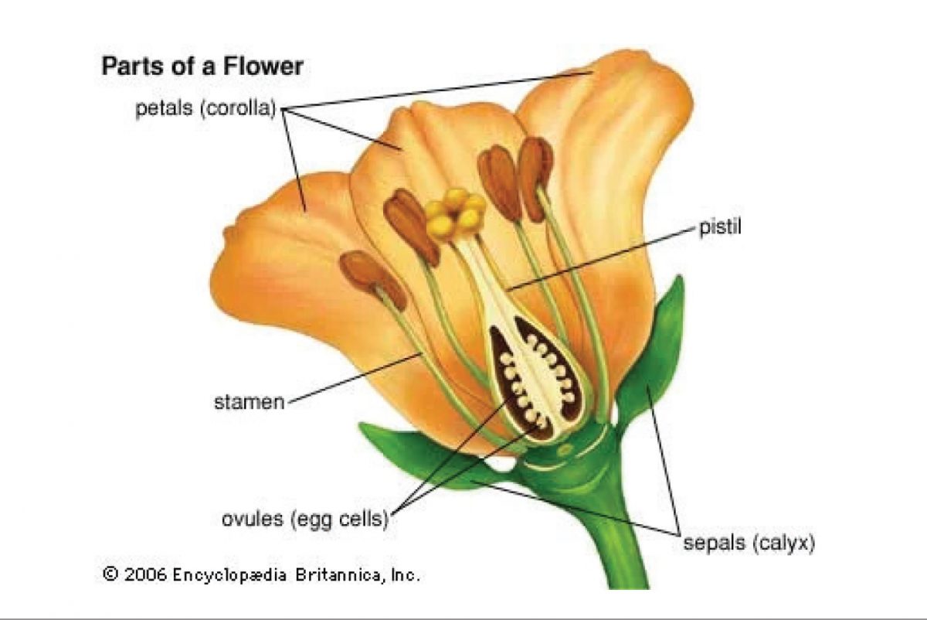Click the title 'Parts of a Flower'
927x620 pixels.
click(x=202, y=66)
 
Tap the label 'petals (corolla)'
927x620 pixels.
click(x=206, y=109)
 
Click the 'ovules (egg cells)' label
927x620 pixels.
click(x=304, y=520)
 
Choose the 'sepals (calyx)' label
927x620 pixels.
click(x=749, y=543)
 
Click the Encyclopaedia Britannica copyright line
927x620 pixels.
click(x=262, y=574)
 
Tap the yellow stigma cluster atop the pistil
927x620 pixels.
click(x=454, y=213)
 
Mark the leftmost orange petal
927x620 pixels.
click(x=278, y=255)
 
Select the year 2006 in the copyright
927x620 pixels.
click(x=145, y=574)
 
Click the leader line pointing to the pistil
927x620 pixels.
click(x=603, y=259)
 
